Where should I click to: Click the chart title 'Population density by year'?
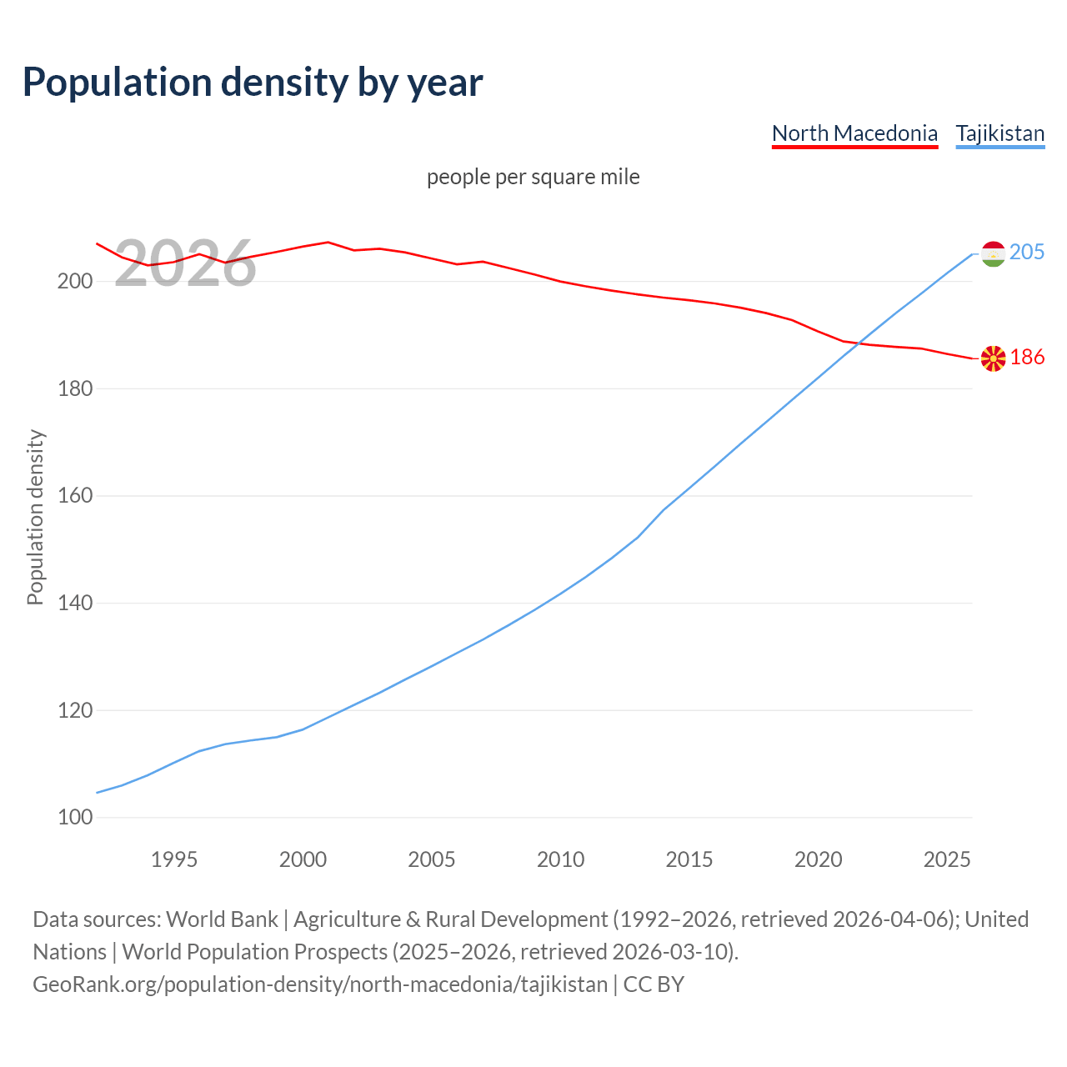pyautogui.click(x=253, y=82)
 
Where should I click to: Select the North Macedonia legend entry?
pyautogui.click(x=854, y=133)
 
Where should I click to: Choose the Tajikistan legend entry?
pyautogui.click(x=999, y=133)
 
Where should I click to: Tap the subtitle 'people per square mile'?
pyautogui.click(x=533, y=177)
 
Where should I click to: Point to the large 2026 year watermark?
pyautogui.click(x=185, y=263)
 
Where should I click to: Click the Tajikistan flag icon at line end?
pyautogui.click(x=993, y=253)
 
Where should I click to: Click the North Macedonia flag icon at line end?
pyautogui.click(x=993, y=358)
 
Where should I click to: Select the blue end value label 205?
pyautogui.click(x=1027, y=252)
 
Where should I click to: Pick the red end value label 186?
pyautogui.click(x=1027, y=357)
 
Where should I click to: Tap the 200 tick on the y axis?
pyautogui.click(x=74, y=281)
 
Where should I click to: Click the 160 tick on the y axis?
pyautogui.click(x=74, y=496)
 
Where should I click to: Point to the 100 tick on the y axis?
pyautogui.click(x=74, y=818)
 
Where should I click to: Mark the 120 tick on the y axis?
pyautogui.click(x=74, y=710)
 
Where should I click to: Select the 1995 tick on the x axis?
pyautogui.click(x=174, y=859)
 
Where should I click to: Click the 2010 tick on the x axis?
pyautogui.click(x=560, y=859)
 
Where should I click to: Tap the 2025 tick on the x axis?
pyautogui.click(x=947, y=859)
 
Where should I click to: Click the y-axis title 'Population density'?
pyautogui.click(x=35, y=517)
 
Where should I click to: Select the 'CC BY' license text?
pyautogui.click(x=654, y=984)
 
